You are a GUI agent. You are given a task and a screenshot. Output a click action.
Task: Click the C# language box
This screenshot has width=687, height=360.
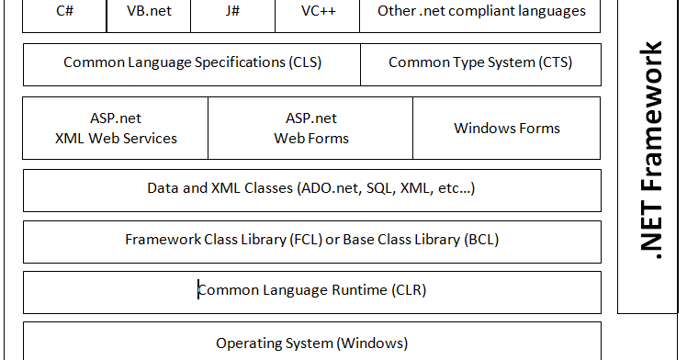[x=64, y=13]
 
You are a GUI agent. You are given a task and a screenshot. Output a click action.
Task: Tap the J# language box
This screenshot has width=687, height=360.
[x=231, y=13]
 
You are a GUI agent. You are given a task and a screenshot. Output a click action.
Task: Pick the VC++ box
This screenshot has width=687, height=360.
[x=317, y=13]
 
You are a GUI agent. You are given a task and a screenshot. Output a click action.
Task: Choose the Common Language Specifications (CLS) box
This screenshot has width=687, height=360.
[x=192, y=63]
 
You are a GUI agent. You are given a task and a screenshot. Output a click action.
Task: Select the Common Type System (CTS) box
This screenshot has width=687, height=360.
[x=480, y=63]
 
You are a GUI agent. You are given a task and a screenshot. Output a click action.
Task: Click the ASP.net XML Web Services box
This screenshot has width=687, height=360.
[x=116, y=129]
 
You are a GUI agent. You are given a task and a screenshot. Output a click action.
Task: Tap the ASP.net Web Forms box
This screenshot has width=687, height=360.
[x=310, y=129]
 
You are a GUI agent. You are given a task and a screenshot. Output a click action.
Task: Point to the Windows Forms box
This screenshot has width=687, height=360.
[x=507, y=129]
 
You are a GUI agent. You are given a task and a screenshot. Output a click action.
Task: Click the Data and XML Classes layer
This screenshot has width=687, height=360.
[x=311, y=189]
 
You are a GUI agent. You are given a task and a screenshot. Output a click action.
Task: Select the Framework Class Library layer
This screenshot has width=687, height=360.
[x=311, y=241]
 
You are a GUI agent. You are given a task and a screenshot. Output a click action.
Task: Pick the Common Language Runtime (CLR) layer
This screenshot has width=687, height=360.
[x=311, y=291]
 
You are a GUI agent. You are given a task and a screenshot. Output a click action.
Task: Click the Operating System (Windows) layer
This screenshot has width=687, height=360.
[x=311, y=343]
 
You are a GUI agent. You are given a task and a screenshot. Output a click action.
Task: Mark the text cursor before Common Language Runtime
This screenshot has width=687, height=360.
[x=198, y=291]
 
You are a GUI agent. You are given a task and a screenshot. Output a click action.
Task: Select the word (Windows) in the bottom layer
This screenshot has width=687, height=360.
[x=372, y=343]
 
